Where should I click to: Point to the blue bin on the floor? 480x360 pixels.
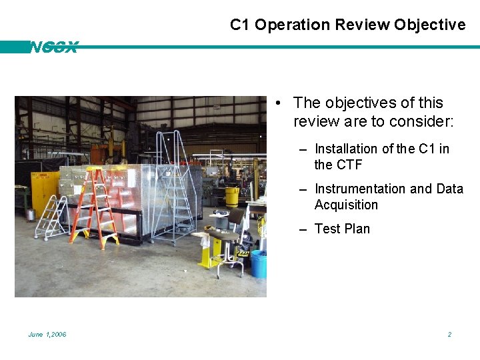pos(259,264)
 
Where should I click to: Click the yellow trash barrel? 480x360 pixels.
pos(232,197)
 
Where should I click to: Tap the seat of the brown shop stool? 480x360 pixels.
pos(225,235)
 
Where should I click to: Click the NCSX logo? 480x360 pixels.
pos(53,47)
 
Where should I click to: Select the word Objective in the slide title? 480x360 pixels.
pos(429,25)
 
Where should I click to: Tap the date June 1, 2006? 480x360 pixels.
pos(47,334)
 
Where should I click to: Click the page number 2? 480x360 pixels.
pos(449,334)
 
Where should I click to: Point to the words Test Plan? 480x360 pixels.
pos(341,229)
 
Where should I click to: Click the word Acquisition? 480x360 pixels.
pos(346,205)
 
